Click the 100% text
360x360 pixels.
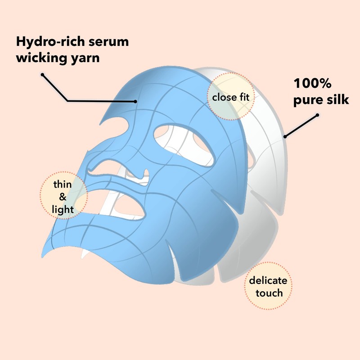[x=313, y=84]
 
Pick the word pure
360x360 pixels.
[x=309, y=100]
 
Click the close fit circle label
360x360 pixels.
[x=230, y=97]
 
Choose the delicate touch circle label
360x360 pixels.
[x=268, y=287]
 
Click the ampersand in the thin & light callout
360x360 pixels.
[x=63, y=197]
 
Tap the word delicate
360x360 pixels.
[x=268, y=280]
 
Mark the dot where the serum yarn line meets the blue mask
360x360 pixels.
[x=135, y=101]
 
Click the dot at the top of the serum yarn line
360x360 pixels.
[x=42, y=74]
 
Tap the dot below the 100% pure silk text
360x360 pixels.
[x=317, y=115]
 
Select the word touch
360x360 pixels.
[x=268, y=293]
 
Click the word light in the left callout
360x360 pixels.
[x=63, y=209]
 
